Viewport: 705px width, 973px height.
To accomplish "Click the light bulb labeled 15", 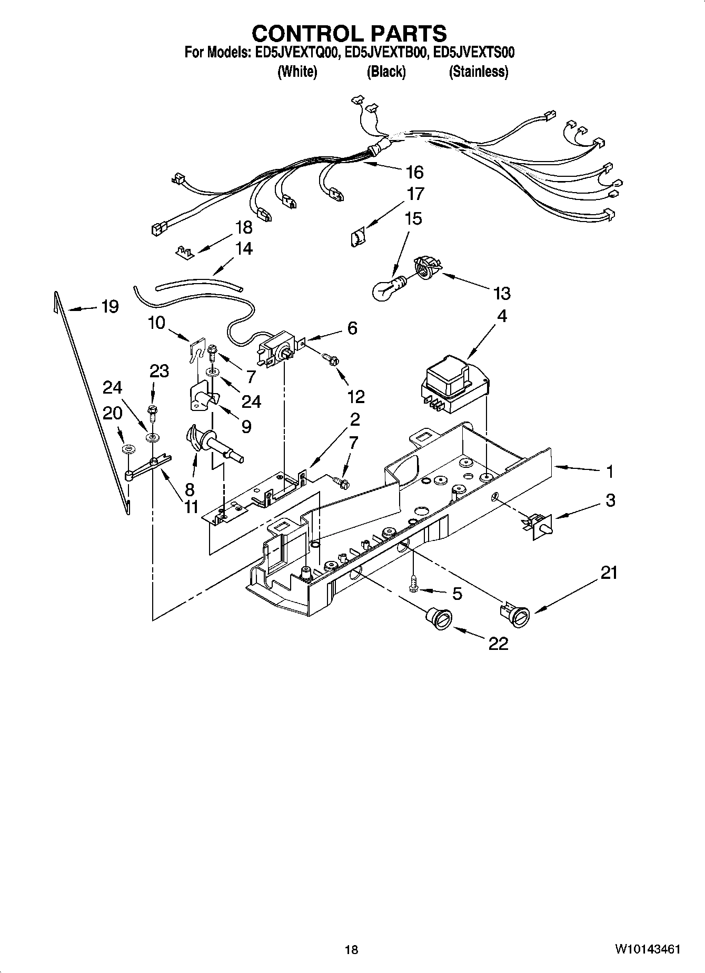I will [388, 289].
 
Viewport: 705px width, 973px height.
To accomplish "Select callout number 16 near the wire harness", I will [414, 172].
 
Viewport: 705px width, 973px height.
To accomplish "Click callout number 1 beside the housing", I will [610, 472].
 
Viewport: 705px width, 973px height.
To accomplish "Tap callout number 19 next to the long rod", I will [110, 306].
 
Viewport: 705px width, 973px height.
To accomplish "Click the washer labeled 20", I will [128, 449].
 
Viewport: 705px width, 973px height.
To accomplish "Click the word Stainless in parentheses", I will [478, 72].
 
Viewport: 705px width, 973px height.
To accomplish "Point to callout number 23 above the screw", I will [159, 371].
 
